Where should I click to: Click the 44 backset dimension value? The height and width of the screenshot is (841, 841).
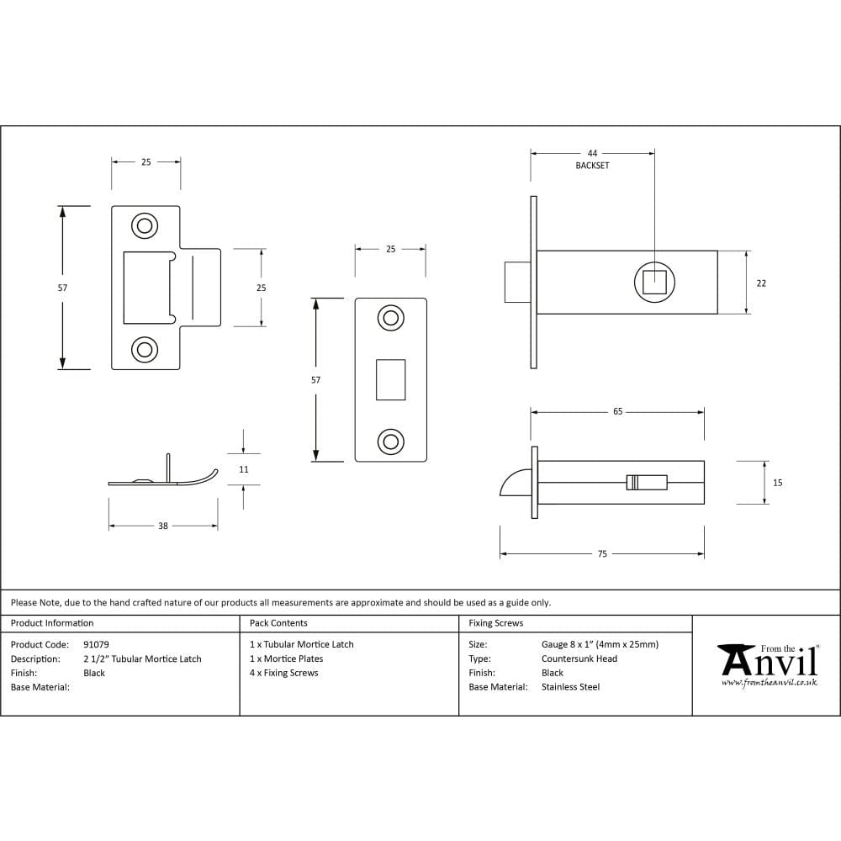[x=592, y=153]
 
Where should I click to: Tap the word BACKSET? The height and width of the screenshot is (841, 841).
[x=592, y=166]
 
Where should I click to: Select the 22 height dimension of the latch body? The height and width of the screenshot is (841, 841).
[x=761, y=283]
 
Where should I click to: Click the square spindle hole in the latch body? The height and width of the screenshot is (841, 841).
[x=654, y=282]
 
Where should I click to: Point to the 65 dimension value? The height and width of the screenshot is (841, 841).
[x=617, y=412]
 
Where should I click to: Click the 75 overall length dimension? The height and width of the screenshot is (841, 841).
[x=602, y=554]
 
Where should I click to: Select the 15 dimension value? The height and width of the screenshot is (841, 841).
[x=777, y=483]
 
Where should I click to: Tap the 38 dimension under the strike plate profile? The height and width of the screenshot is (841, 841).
[x=163, y=526]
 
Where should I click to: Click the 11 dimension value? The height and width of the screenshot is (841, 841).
[x=243, y=469]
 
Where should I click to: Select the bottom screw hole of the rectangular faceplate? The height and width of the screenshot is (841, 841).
[x=390, y=441]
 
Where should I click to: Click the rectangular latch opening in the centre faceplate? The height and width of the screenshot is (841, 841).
[x=390, y=379]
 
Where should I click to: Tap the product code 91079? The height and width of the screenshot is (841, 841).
[x=96, y=644]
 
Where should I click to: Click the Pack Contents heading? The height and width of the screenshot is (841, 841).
[x=278, y=623]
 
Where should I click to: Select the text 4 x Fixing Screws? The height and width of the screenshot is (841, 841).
[x=284, y=673]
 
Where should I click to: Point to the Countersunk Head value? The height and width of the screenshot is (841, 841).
[x=579, y=659]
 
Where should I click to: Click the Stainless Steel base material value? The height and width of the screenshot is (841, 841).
[x=570, y=687]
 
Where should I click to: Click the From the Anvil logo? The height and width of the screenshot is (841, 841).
[x=767, y=663]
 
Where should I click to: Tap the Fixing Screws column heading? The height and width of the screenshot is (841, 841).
[x=495, y=623]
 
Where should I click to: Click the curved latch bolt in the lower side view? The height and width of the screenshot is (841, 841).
[x=514, y=484]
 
